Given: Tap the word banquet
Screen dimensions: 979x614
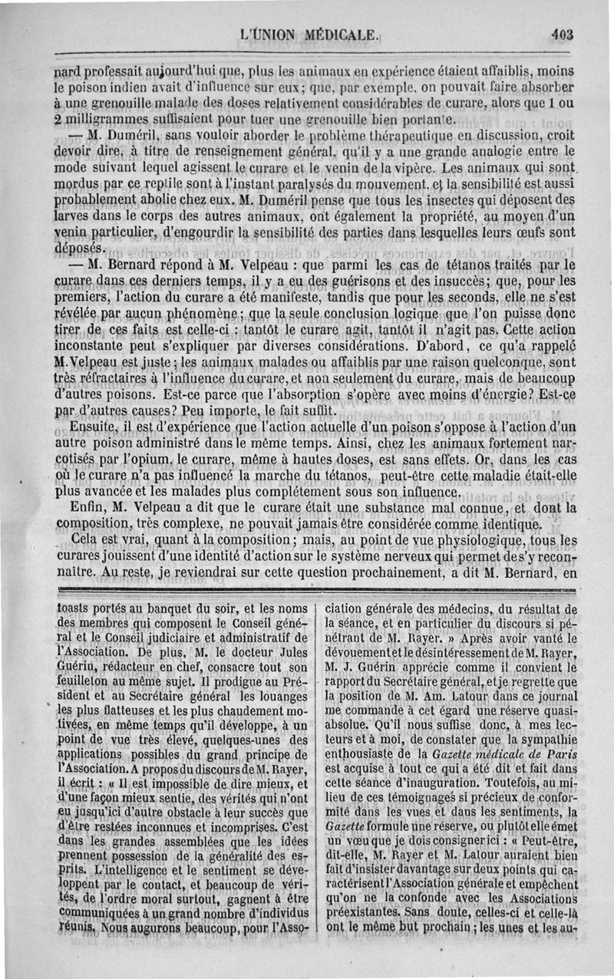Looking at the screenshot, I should (x=190, y=611).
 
